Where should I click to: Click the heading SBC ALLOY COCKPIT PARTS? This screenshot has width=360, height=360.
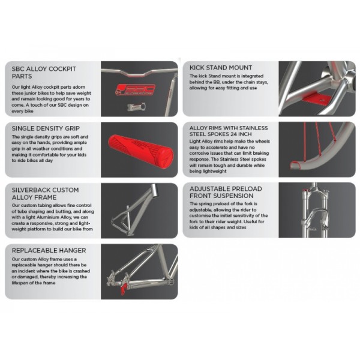(44, 73)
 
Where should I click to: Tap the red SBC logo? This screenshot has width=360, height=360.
(135, 89)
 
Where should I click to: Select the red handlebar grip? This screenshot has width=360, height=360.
(141, 152)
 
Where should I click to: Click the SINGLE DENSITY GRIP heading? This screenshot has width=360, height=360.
(46, 128)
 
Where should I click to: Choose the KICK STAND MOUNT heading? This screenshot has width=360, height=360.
(221, 68)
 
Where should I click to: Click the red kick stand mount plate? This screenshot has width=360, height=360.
(317, 99)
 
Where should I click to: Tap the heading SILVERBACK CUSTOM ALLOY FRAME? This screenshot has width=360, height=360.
(45, 194)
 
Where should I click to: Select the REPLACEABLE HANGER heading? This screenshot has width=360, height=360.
(49, 250)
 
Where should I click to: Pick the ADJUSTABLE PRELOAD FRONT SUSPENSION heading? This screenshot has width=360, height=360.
(226, 192)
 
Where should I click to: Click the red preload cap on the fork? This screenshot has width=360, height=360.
(305, 190)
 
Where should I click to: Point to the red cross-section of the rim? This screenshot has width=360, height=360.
(295, 165)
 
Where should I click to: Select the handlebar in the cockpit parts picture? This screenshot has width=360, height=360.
(139, 73)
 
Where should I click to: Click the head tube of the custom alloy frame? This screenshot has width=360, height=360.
(154, 190)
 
